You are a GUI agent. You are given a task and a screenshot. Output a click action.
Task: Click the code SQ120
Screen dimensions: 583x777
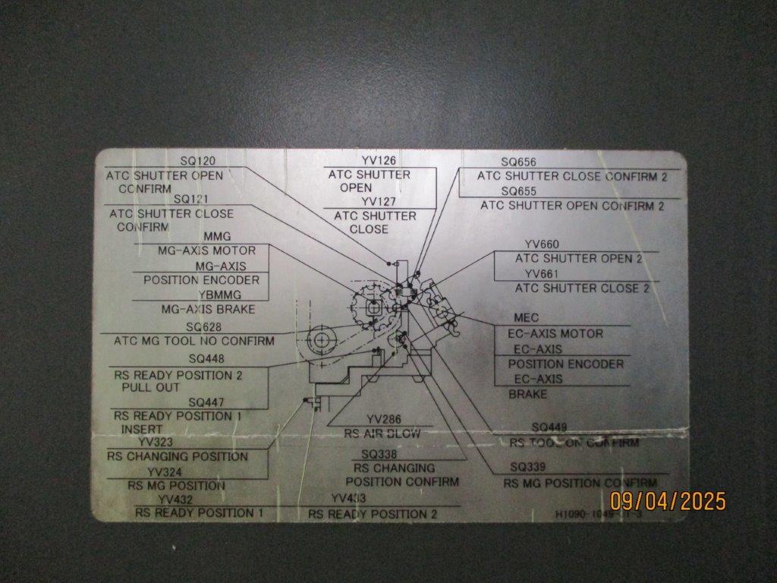198,161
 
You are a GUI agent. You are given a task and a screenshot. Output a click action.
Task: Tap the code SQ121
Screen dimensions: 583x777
191,199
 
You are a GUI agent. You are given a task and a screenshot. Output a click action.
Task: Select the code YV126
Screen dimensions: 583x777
379,160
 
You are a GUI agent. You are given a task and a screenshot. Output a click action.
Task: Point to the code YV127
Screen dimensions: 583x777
379,201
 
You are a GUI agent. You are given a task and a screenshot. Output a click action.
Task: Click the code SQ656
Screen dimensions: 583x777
519,162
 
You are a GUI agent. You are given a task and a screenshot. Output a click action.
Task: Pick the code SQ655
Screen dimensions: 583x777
519,191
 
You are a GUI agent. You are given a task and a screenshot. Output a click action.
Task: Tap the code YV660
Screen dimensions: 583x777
542,244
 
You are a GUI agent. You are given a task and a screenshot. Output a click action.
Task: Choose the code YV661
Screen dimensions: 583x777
542,273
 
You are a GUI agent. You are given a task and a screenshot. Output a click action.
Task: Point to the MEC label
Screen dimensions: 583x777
526,318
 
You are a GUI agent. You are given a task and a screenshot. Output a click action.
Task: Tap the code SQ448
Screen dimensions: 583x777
206,359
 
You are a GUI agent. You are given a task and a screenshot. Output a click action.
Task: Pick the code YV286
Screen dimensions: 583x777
383,419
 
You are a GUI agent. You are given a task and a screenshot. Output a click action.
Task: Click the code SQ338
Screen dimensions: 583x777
379,454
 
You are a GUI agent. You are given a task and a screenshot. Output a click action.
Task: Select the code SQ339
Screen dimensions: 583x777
528,466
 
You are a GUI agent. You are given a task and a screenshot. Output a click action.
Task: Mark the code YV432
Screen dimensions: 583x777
175,499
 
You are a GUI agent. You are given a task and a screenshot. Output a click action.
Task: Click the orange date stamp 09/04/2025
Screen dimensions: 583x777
668,501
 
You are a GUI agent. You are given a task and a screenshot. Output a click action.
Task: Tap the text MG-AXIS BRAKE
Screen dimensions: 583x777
208,309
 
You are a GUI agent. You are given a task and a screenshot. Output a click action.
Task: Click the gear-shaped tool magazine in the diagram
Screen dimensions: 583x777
373,307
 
